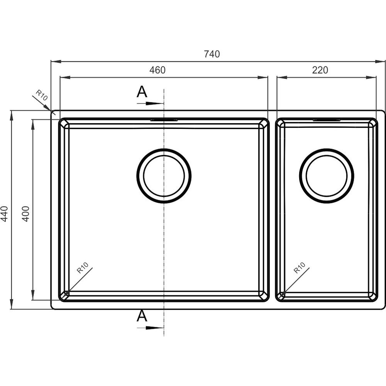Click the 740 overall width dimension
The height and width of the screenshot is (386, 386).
coord(212,54)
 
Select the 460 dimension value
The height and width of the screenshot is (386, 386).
coord(157,70)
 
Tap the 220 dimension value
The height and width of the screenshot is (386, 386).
coord(320,70)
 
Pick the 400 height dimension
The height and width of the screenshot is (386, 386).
coord(25,213)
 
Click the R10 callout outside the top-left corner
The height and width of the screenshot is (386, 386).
coord(41,95)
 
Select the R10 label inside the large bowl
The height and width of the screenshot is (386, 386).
coord(82,268)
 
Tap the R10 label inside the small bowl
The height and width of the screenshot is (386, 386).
coord(300,268)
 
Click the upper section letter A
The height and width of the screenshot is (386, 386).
coord(142,92)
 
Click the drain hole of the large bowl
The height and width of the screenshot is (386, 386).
coord(164,176)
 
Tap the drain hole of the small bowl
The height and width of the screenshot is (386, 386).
coord(327,176)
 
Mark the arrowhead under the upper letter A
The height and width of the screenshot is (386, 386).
coord(155,103)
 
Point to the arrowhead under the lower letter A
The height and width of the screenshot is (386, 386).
coord(155,328)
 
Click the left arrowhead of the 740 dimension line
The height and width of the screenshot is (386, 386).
coord(56,61)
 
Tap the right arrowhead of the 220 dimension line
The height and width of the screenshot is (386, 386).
coord(371,78)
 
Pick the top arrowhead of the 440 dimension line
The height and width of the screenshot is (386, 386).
coord(11,116)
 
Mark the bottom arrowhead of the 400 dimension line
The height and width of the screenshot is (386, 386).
coord(33,295)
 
